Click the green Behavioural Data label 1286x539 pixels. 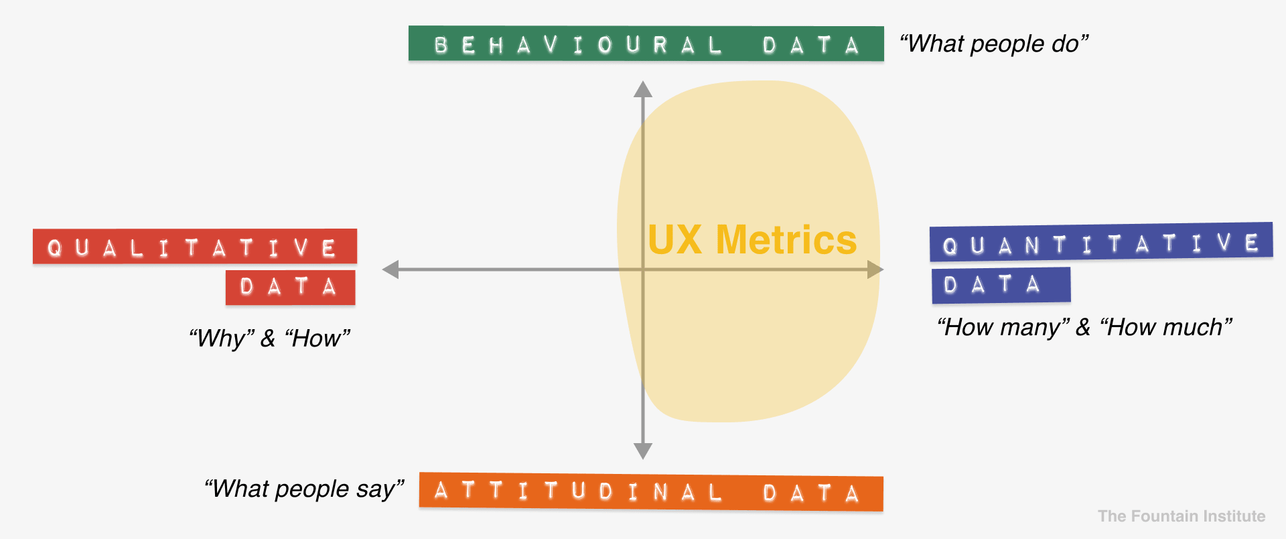click(x=646, y=44)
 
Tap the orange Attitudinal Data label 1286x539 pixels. click(x=651, y=492)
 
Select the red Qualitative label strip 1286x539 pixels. click(x=195, y=246)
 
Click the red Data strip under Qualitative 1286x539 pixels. click(x=291, y=287)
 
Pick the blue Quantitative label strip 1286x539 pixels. click(x=1101, y=242)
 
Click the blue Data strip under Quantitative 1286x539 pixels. click(x=1001, y=285)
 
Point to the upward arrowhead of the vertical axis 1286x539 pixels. click(x=643, y=89)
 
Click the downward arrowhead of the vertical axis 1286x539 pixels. click(x=643, y=451)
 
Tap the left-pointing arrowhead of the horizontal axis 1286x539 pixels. click(x=390, y=269)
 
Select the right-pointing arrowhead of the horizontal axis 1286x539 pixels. click(x=875, y=269)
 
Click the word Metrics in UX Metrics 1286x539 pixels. click(x=786, y=239)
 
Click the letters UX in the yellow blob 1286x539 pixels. click(x=675, y=239)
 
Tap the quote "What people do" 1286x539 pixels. click(x=994, y=44)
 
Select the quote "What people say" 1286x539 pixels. click(x=304, y=489)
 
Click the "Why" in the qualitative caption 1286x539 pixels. click(x=222, y=339)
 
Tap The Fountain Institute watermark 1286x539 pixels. click(x=1182, y=516)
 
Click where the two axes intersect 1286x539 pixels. click(x=643, y=269)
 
